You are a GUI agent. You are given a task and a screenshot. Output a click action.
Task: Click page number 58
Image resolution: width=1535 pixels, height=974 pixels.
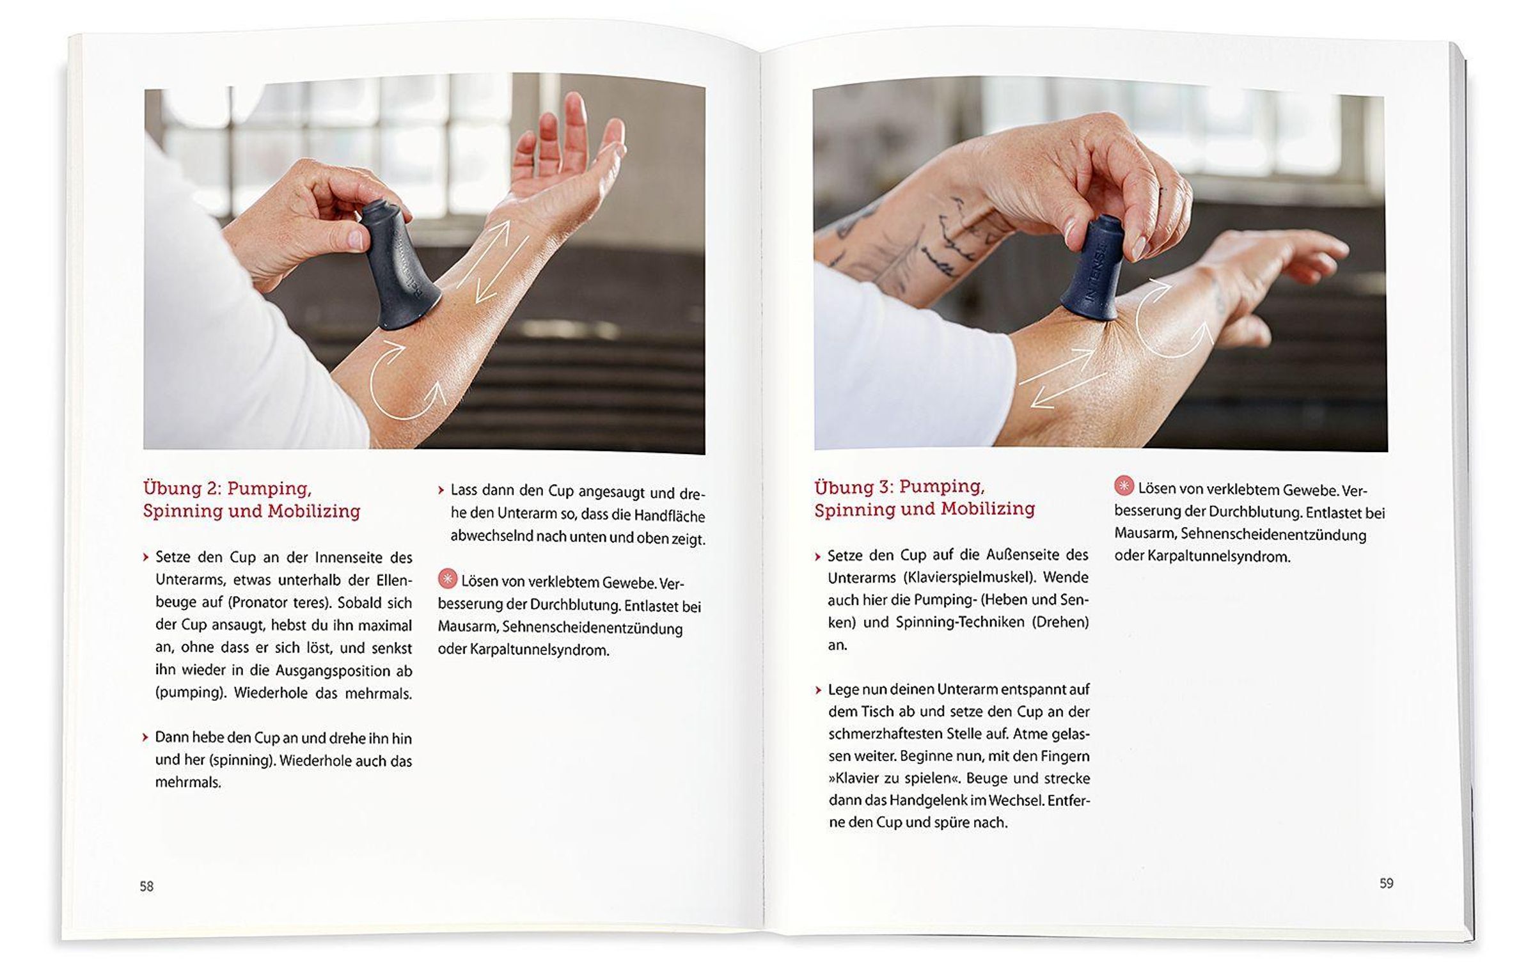coord(146,886)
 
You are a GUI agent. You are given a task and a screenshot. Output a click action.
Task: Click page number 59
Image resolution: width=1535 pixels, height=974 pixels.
coord(1386,883)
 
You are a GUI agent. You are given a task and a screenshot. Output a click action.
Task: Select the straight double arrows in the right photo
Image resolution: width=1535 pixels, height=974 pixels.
coord(1062,377)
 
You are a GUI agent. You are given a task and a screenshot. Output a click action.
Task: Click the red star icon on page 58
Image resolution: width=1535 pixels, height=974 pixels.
coord(448,579)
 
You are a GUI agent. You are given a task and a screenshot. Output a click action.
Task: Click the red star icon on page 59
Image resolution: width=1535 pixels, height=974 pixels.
coord(1124,485)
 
